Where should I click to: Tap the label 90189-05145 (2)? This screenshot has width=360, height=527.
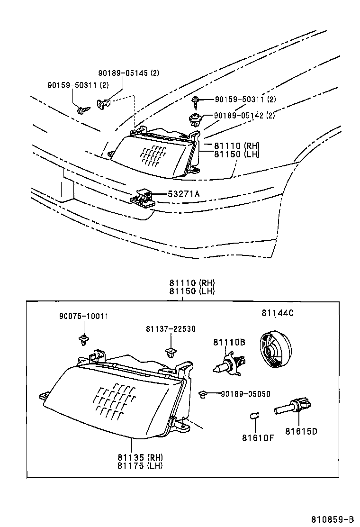[128, 73]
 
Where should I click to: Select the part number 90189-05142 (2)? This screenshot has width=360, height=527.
[244, 115]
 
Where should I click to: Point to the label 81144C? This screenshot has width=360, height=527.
[277, 313]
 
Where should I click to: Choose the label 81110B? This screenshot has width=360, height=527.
[229, 342]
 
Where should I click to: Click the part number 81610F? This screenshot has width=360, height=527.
[258, 437]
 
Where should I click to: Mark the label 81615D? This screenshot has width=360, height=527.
[301, 431]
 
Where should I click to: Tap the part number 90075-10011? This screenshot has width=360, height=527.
[83, 316]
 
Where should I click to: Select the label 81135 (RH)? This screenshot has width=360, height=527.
[140, 457]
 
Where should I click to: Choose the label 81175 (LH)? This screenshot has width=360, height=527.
[140, 465]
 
